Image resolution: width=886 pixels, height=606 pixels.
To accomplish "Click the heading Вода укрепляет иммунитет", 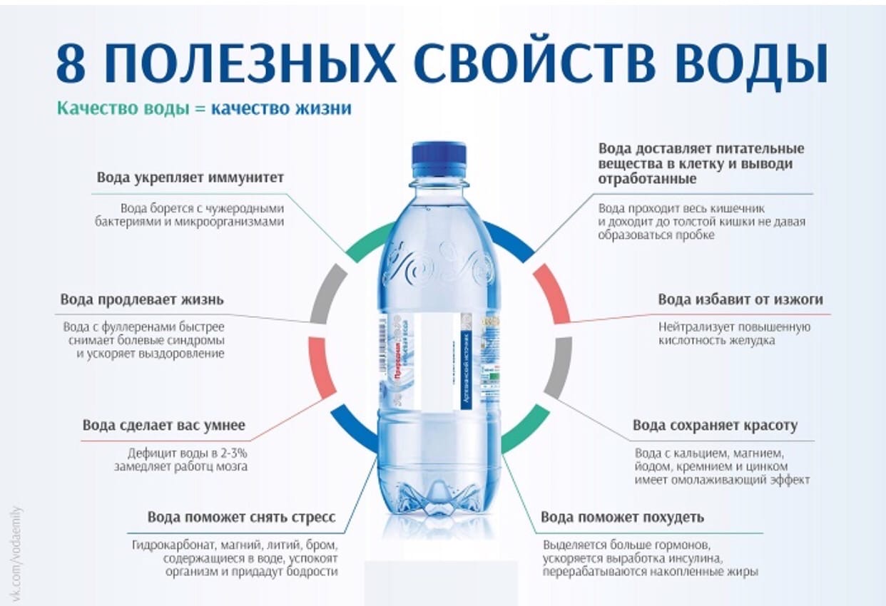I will click(190, 178).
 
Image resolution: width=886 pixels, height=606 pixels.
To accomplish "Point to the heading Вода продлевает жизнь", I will click(142, 299).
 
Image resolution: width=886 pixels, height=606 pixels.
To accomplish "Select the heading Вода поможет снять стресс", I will click(241, 517).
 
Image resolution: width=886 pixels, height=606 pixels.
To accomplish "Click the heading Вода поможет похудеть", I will click(622, 517).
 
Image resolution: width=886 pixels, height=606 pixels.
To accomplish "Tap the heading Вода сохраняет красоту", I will click(715, 426).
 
